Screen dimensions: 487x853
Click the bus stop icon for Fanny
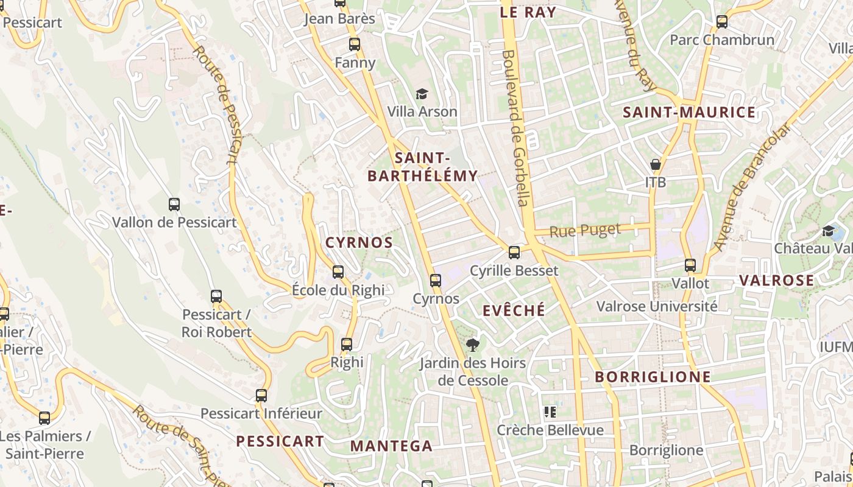pyautogui.click(x=355, y=44)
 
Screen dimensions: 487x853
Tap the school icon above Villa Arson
pyautogui.click(x=422, y=94)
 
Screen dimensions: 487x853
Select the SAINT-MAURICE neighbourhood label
pyautogui.click(x=689, y=112)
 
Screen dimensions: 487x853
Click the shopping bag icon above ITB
pyautogui.click(x=656, y=164)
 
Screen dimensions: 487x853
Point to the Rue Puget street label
pyautogui.click(x=585, y=231)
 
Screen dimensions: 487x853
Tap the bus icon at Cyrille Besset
pyautogui.click(x=514, y=252)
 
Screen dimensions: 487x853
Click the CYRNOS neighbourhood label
pyautogui.click(x=359, y=242)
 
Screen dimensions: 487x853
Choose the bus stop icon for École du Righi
pyautogui.click(x=338, y=272)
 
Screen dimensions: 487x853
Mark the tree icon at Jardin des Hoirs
pyautogui.click(x=472, y=345)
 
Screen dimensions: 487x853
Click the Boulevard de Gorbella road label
pyautogui.click(x=517, y=128)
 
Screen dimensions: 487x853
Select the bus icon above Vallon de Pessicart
pyautogui.click(x=174, y=205)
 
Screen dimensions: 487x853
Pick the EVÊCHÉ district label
pyautogui.click(x=514, y=310)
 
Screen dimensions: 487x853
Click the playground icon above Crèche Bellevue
pyautogui.click(x=550, y=412)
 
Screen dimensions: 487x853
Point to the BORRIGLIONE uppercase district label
pyautogui.click(x=653, y=377)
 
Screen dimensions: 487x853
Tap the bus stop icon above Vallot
pyautogui.click(x=690, y=265)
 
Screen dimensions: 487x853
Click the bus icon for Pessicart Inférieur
pyautogui.click(x=261, y=396)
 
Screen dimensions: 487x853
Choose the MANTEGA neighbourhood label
pyautogui.click(x=391, y=446)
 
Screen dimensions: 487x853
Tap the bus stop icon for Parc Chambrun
pyautogui.click(x=722, y=22)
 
